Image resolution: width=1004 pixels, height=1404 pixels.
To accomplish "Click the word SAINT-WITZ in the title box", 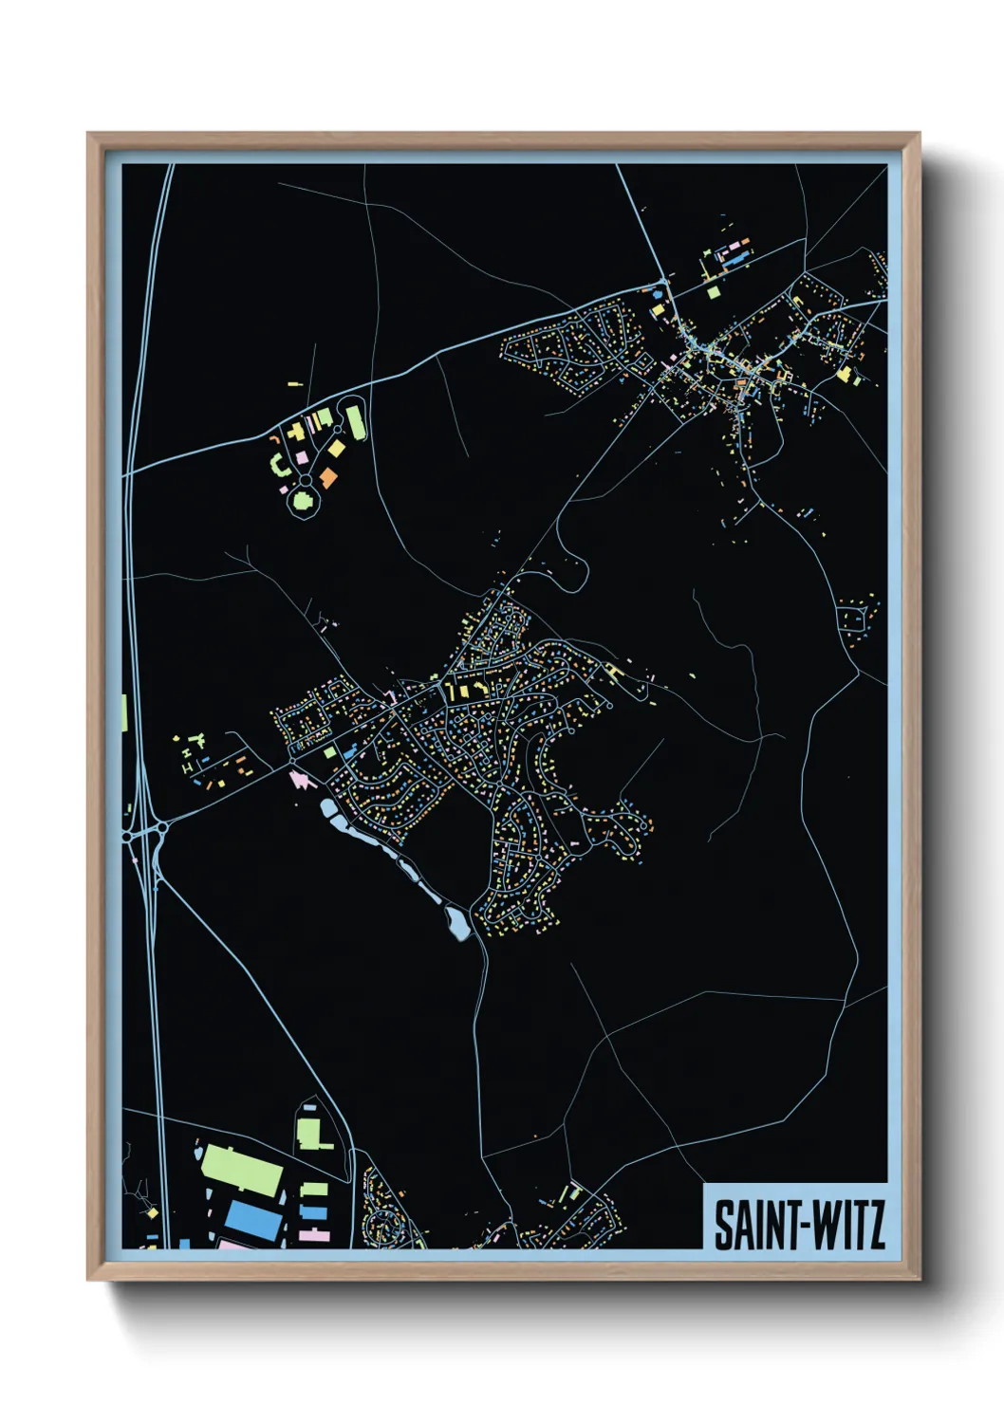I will [x=799, y=1225].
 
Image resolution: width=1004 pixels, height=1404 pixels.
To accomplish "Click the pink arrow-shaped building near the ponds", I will [x=301, y=779].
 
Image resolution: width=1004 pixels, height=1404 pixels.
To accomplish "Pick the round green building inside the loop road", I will [x=303, y=499].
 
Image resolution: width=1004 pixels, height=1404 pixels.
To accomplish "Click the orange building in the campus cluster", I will [x=328, y=477].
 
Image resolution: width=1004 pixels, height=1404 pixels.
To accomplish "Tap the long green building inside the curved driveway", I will [x=356, y=422].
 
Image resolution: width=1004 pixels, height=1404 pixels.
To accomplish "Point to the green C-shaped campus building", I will [x=277, y=465].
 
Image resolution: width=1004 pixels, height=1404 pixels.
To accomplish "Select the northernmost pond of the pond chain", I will [x=328, y=810].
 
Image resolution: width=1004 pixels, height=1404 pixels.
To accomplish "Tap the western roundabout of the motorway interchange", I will [x=129, y=837].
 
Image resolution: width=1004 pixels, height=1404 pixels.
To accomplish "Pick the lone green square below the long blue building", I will [x=714, y=292].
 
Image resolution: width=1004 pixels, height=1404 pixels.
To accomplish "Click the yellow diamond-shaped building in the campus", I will [x=337, y=447].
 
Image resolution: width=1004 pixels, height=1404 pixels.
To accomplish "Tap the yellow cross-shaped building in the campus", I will [x=294, y=432].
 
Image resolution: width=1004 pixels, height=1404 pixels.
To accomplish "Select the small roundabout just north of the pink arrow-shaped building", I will [x=293, y=762].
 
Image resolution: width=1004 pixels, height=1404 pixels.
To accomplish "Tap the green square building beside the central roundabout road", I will [x=329, y=752].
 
